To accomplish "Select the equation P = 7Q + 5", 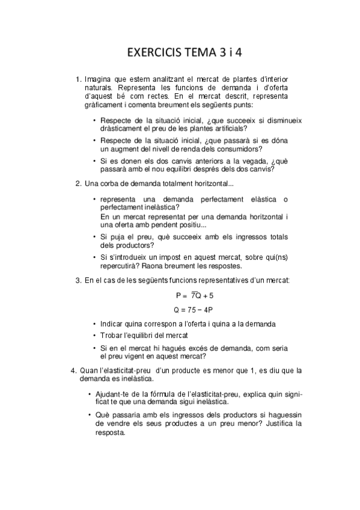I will pos(194,296).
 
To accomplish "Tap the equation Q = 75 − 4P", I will pos(194,310).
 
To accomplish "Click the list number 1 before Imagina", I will pos(78,79).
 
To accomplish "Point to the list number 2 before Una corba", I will pos(78,183).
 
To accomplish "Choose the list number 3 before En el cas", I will pos(78,280).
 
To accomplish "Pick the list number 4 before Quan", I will pos(73,370).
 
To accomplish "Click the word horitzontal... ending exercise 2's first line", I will pos(214,183).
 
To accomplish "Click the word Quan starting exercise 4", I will pos(90,370).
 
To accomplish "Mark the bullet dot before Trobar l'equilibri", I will pos(95,335).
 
